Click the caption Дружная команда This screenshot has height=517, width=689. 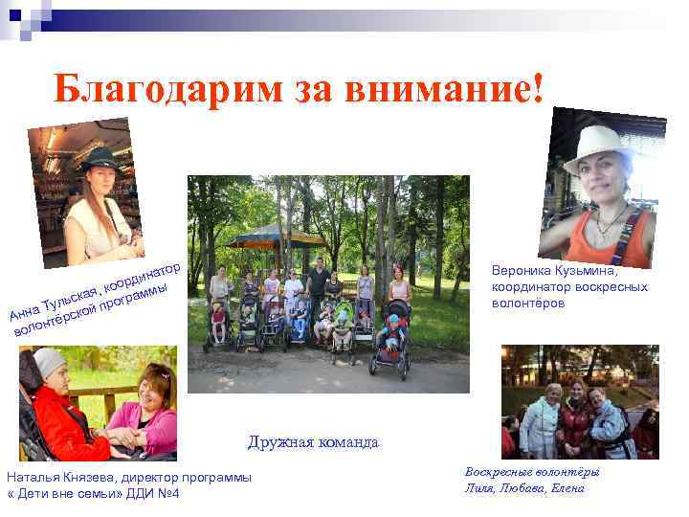[313, 442]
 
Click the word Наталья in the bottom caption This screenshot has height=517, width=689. [31, 477]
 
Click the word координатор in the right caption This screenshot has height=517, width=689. [531, 286]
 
